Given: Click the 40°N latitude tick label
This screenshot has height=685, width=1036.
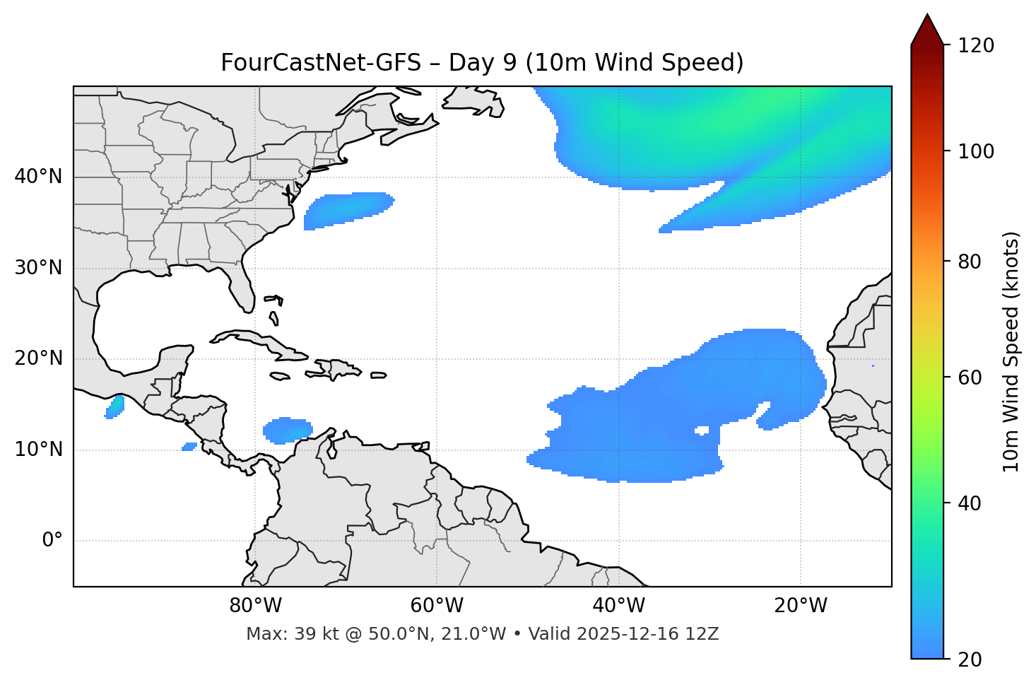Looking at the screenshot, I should pos(38,177).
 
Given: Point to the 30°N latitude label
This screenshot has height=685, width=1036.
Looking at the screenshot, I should pos(38,268).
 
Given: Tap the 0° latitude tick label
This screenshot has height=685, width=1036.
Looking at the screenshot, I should pos(52,541).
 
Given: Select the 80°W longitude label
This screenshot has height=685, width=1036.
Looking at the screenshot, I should pos(255,606).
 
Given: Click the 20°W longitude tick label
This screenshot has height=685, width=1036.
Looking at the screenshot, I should pos(801,606).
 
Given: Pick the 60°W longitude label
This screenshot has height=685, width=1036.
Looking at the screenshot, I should pos(437,606).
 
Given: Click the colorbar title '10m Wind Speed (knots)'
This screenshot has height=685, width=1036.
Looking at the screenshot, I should pos(1011,351).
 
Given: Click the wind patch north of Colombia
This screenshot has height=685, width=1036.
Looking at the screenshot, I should pos(287,430).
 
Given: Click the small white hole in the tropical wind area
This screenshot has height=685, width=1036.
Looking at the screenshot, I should pos(702,430).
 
